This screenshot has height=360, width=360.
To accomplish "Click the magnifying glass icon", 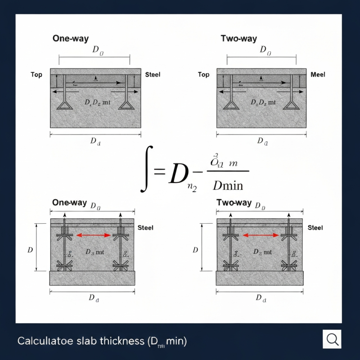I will click(333, 339).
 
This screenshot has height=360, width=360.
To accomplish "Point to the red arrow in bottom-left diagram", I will click(94, 235).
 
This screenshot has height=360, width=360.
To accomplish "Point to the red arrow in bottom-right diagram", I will click(260, 235).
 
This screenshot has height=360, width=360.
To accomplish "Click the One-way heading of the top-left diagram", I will click(71, 39).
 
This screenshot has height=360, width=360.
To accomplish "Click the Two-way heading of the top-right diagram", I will click(238, 39).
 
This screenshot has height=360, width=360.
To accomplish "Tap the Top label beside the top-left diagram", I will click(36, 74).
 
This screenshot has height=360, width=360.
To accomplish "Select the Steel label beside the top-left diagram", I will click(153, 74).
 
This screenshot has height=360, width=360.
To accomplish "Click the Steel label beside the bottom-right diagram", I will click(315, 228).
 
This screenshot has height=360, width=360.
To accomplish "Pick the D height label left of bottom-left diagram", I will click(30, 250).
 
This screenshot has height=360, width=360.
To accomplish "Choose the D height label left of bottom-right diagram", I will click(195, 250).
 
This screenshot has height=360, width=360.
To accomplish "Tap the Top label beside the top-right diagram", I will click(203, 74).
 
